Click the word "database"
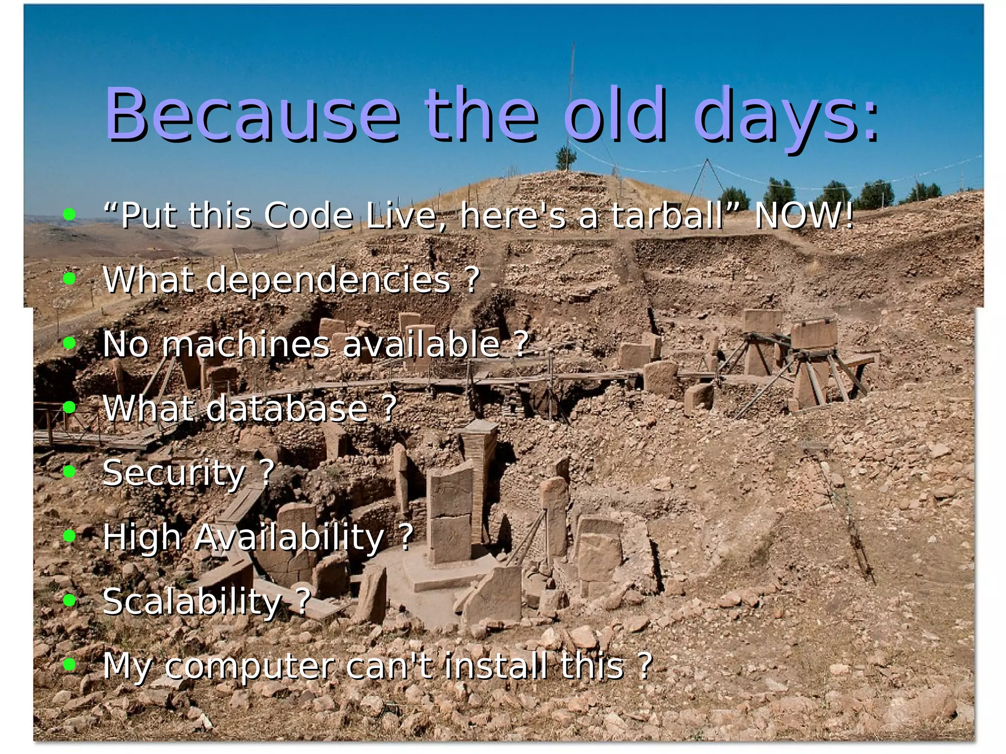click(287, 409)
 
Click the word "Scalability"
click(192, 602)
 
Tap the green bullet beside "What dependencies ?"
click(70, 279)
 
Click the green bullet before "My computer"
click(70, 665)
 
